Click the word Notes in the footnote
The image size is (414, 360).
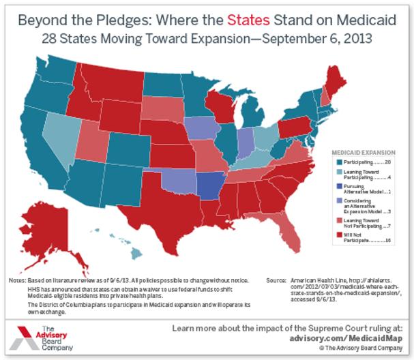[x=16, y=281]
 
